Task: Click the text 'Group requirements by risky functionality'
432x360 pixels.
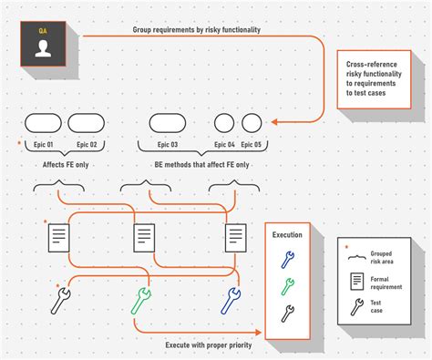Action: click(196, 30)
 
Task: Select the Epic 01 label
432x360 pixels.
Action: click(43, 145)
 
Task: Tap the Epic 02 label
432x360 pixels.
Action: click(87, 145)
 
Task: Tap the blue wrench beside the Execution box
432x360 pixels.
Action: click(231, 299)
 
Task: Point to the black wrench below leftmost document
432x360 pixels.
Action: click(61, 300)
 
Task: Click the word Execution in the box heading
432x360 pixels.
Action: click(287, 235)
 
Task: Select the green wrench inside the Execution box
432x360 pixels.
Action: click(287, 286)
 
